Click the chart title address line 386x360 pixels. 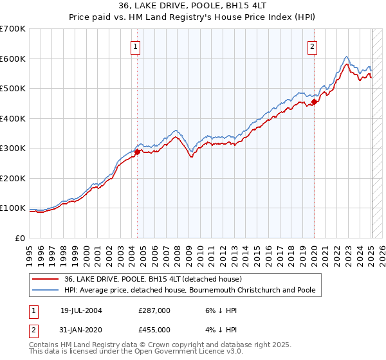click(193, 6)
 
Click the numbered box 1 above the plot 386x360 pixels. click(136, 46)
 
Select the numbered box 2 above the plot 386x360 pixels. click(312, 46)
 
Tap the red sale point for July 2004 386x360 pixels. click(138, 152)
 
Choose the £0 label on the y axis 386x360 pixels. click(20, 238)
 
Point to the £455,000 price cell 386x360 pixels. click(154, 329)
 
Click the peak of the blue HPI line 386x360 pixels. click(346, 57)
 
